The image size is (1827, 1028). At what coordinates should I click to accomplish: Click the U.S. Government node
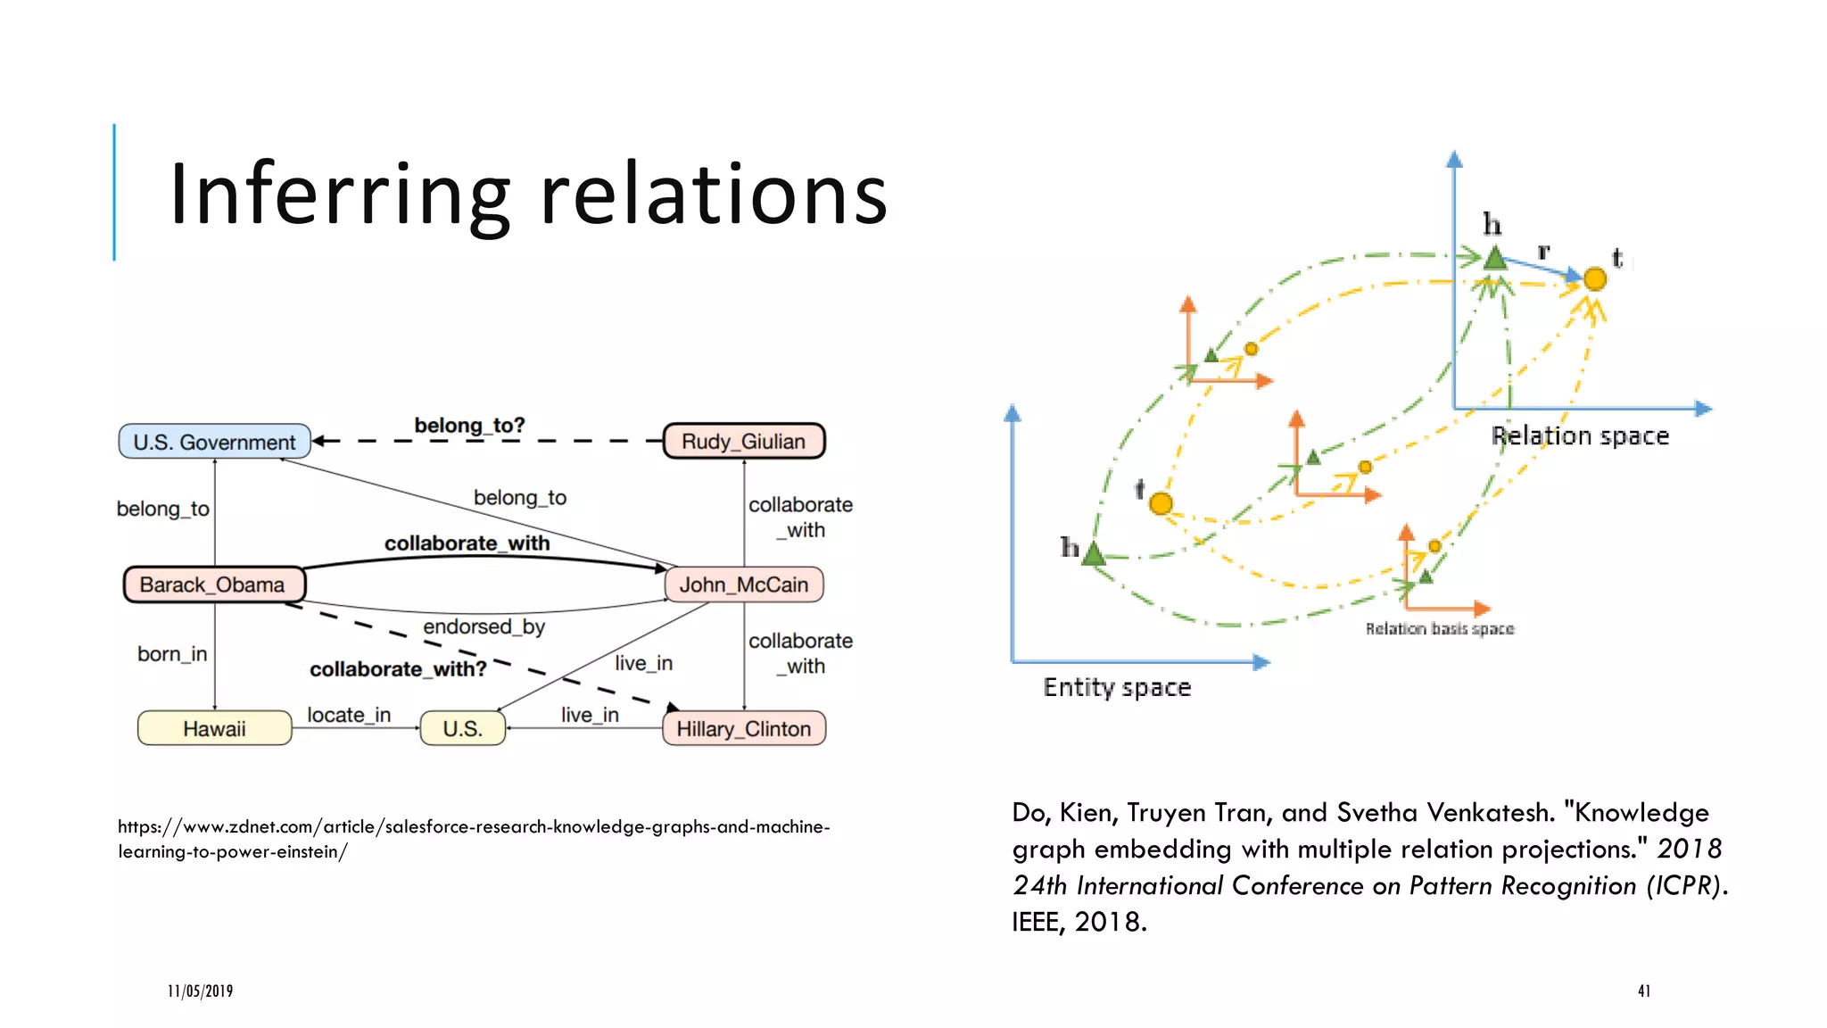pos(214,442)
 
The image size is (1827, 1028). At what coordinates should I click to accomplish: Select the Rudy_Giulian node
pos(743,441)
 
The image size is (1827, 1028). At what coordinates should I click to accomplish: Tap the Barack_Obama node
pos(213,584)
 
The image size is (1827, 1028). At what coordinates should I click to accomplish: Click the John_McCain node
pos(743,584)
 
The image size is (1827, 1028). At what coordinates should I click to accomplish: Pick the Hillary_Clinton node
pos(743,728)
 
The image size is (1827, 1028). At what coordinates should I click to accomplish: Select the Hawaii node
pos(214,728)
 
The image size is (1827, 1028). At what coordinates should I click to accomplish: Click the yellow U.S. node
pos(462,728)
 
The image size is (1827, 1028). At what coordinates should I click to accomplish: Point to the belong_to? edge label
pos(469,426)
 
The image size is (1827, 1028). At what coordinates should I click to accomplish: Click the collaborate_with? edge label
pos(398,668)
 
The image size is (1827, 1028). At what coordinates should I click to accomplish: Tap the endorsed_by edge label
pos(484,626)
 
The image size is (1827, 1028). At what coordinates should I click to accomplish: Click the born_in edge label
pos(172,654)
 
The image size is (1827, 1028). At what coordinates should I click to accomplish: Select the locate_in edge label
pos(349,715)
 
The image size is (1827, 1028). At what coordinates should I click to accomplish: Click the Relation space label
pos(1579,435)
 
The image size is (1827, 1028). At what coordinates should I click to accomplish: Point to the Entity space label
pos(1117,687)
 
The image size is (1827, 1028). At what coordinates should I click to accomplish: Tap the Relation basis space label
pos(1439,629)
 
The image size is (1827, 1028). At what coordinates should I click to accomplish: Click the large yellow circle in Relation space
pos(1595,279)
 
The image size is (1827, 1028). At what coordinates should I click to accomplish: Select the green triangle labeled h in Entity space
pos(1094,555)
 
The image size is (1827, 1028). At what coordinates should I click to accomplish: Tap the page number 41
pos(1643,991)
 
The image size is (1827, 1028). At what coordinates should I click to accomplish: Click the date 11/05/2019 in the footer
pos(200,991)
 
